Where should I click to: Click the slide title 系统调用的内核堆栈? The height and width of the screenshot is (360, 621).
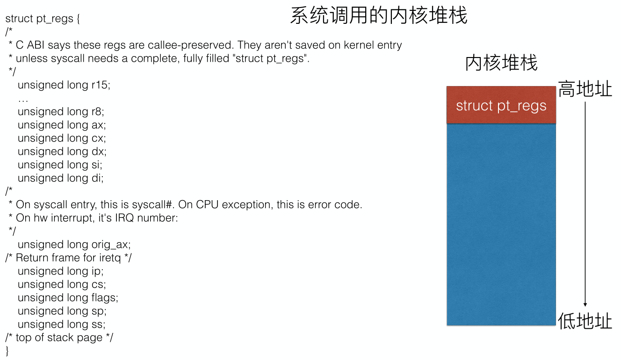[378, 16]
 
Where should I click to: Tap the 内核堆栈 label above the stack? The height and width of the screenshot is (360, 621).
[501, 63]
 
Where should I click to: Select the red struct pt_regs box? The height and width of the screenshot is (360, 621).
[501, 105]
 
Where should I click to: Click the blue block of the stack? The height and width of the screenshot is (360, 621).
[501, 224]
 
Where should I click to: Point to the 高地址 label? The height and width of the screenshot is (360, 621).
[585, 88]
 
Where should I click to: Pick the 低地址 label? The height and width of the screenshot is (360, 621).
[585, 321]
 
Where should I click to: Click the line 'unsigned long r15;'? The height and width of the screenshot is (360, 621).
[64, 85]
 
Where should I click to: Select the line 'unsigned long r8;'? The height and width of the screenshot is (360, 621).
[61, 112]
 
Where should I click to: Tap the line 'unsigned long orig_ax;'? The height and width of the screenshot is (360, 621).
[74, 245]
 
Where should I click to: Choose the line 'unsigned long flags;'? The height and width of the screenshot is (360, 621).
[68, 298]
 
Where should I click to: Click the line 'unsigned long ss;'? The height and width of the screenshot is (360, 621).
[62, 324]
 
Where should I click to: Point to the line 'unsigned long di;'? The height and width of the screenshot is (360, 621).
[61, 178]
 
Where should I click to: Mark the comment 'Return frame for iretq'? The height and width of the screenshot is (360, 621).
[68, 258]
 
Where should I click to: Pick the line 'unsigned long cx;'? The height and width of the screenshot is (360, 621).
[62, 138]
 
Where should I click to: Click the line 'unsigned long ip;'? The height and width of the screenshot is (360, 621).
[61, 271]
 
